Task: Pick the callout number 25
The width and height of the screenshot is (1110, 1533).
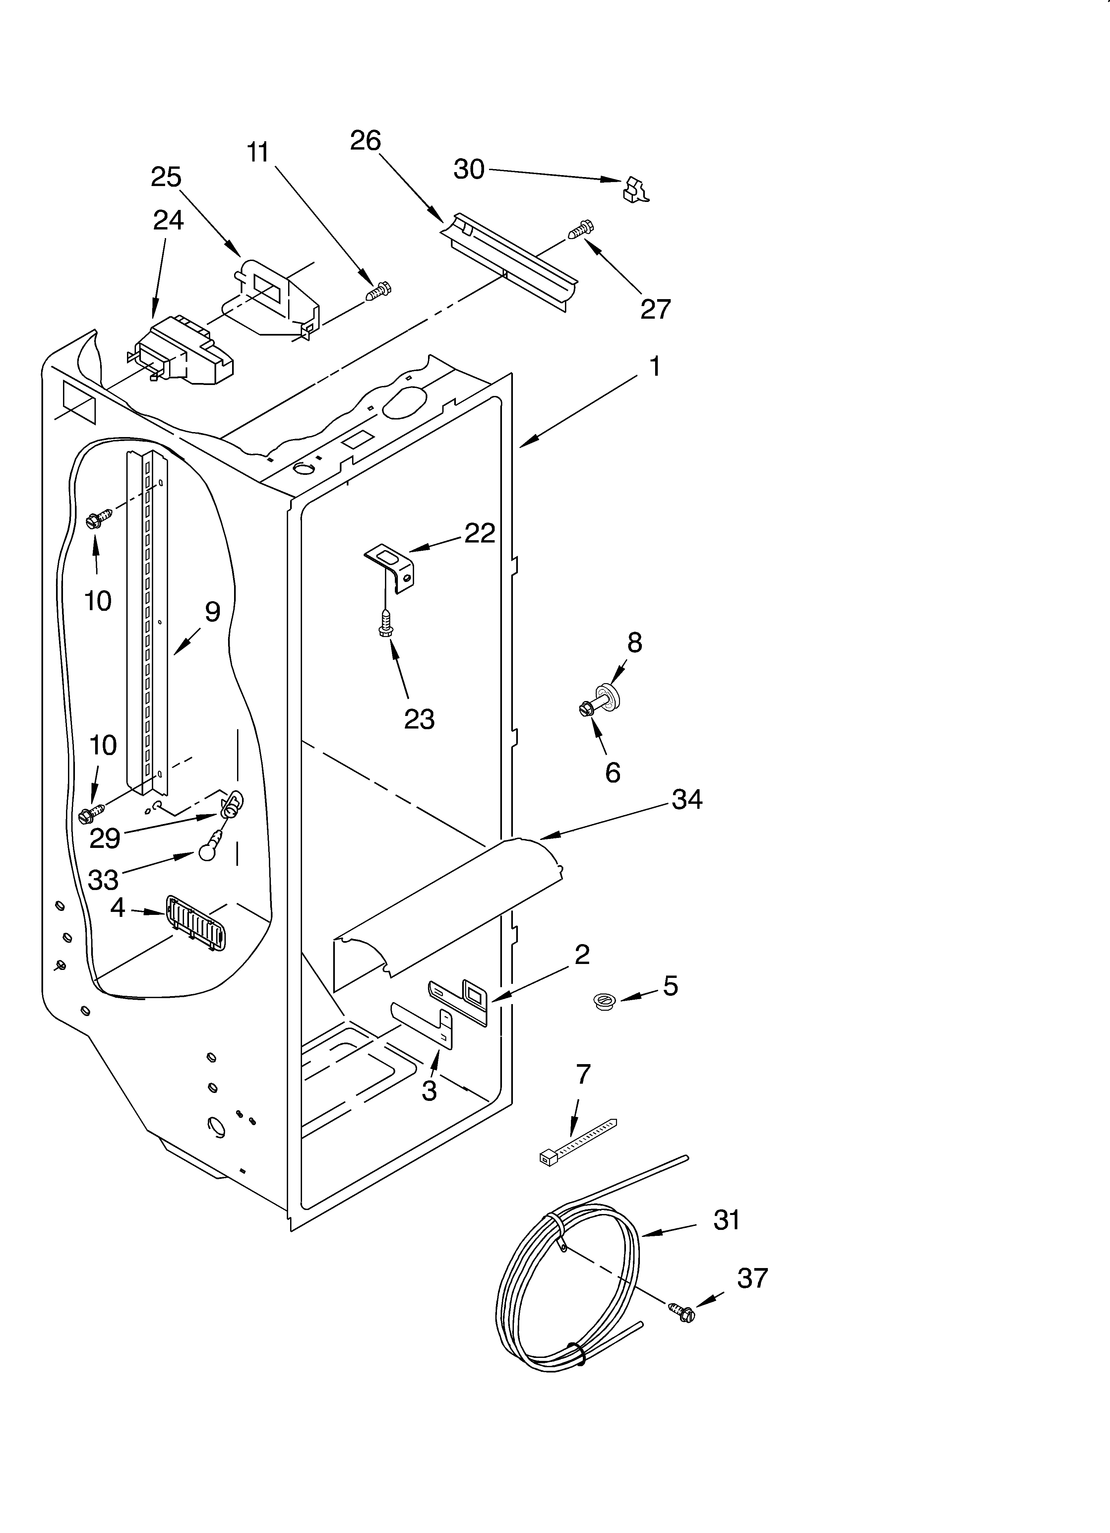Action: coord(166,177)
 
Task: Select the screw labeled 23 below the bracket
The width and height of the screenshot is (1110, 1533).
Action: coord(386,622)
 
